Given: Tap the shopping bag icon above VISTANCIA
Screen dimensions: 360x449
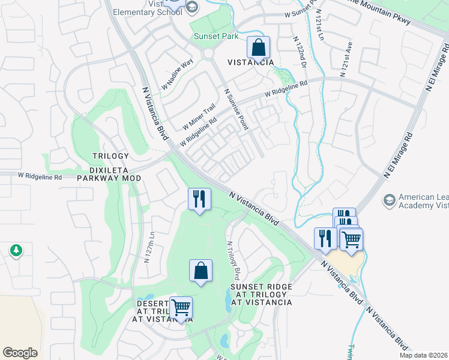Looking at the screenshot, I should (258, 48).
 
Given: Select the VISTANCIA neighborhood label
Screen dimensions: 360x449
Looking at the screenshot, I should (251, 62).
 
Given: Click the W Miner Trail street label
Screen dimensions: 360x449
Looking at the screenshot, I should (199, 116).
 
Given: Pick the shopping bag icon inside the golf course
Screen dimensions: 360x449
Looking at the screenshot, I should (200, 271).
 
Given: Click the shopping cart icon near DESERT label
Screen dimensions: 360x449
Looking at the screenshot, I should (181, 308).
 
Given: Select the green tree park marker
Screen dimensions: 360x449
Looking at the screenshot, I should (16, 251).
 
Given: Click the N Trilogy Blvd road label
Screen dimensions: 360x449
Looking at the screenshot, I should (233, 262).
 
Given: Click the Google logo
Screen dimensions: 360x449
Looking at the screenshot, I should (20, 353).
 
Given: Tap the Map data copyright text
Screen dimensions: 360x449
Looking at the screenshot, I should (423, 355).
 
